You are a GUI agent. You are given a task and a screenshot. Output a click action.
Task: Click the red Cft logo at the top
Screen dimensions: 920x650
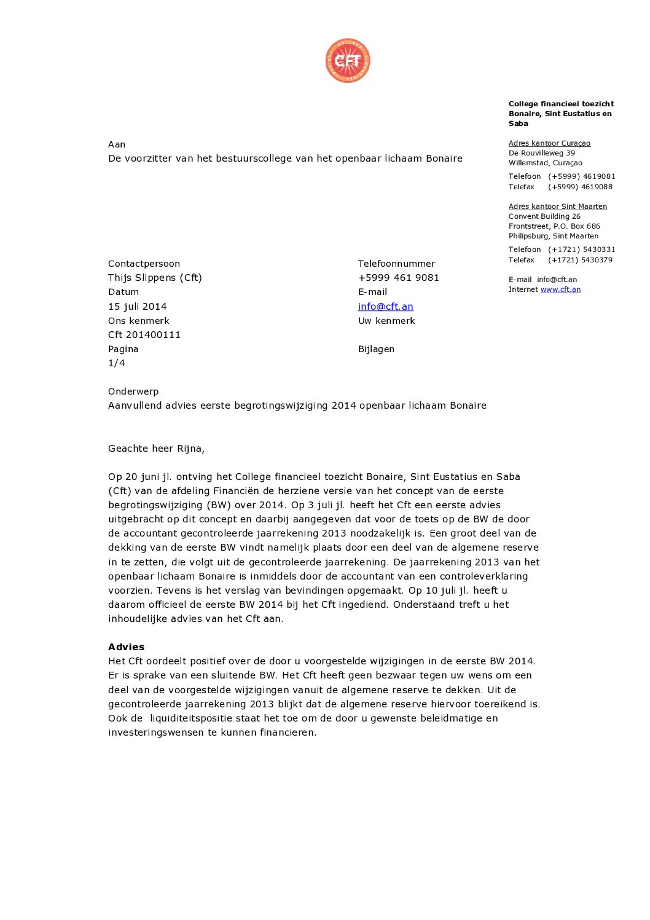pyautogui.click(x=348, y=61)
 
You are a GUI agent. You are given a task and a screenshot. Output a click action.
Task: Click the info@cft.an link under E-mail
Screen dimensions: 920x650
pyautogui.click(x=385, y=307)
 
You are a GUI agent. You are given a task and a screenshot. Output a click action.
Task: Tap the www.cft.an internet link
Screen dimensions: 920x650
pyautogui.click(x=560, y=289)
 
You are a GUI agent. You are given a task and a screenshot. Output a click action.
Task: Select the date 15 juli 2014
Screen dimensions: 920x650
pyautogui.click(x=137, y=307)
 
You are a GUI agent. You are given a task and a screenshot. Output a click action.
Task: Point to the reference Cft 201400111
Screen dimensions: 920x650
pyautogui.click(x=144, y=335)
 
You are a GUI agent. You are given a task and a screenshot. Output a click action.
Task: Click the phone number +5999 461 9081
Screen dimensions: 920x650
pyautogui.click(x=398, y=278)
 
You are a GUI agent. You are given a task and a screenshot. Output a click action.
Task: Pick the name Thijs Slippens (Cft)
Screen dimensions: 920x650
pyautogui.click(x=155, y=278)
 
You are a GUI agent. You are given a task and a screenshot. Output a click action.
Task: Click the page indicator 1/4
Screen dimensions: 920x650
pyautogui.click(x=117, y=363)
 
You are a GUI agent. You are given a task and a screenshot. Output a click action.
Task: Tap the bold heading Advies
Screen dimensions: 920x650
pyautogui.click(x=126, y=647)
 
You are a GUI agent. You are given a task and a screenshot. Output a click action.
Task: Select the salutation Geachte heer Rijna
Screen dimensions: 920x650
pyautogui.click(x=156, y=449)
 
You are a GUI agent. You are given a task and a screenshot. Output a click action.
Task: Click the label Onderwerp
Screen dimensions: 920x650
pyautogui.click(x=133, y=391)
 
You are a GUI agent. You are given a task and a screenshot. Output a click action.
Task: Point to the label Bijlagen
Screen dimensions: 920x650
pyautogui.click(x=376, y=349)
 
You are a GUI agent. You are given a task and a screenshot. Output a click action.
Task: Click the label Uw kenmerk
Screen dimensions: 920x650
pyautogui.click(x=386, y=321)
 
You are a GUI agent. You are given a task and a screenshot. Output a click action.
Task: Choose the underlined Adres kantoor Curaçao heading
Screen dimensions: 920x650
pyautogui.click(x=549, y=143)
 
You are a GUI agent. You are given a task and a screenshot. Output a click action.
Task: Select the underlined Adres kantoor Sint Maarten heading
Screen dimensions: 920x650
pyautogui.click(x=557, y=206)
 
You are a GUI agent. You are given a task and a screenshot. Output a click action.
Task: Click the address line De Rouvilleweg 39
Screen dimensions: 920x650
pyautogui.click(x=542, y=153)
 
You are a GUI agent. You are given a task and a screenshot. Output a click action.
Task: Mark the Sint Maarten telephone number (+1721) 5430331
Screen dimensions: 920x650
pyautogui.click(x=581, y=250)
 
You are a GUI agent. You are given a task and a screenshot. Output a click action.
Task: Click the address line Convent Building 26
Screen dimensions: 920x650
pyautogui.click(x=544, y=216)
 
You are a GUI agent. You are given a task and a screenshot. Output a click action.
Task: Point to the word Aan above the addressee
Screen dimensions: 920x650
pyautogui.click(x=117, y=144)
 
